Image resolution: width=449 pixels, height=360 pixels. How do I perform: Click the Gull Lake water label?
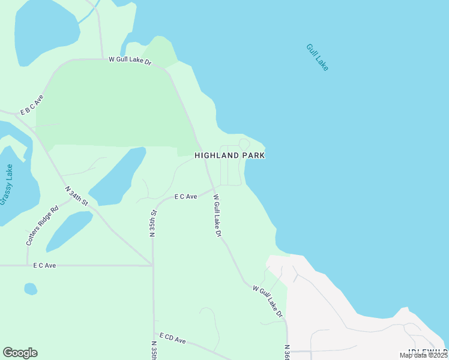pyautogui.click(x=317, y=58)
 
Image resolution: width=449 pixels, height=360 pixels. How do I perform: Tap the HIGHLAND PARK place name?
pyautogui.click(x=230, y=155)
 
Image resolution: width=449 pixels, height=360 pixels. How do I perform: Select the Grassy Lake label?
pyautogui.click(x=7, y=185)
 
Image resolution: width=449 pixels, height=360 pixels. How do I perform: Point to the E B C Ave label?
pyautogui.click(x=32, y=104)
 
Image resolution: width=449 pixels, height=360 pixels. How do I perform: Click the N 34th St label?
pyautogui.click(x=77, y=197)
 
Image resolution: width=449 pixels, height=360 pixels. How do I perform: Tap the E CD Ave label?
pyautogui.click(x=173, y=340)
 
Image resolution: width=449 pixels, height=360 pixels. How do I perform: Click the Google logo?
pyautogui.click(x=20, y=353)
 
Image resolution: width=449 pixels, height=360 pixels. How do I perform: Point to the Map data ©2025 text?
pyautogui.click(x=423, y=355)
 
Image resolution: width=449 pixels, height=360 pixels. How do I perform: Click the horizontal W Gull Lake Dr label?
pyautogui.click(x=130, y=60)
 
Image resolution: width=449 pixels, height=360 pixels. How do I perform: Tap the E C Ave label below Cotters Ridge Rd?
pyautogui.click(x=44, y=265)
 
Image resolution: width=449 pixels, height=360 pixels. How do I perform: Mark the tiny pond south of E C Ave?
pyautogui.click(x=30, y=289)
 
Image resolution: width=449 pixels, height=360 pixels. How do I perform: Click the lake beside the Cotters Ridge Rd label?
pyautogui.click(x=68, y=230)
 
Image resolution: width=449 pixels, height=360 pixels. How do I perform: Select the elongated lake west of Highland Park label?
pyautogui.click(x=118, y=176)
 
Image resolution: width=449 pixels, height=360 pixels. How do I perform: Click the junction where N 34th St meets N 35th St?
pyautogui.click(x=152, y=265)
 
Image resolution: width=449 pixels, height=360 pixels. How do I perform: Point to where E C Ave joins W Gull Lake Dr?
pyautogui.click(x=213, y=189)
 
